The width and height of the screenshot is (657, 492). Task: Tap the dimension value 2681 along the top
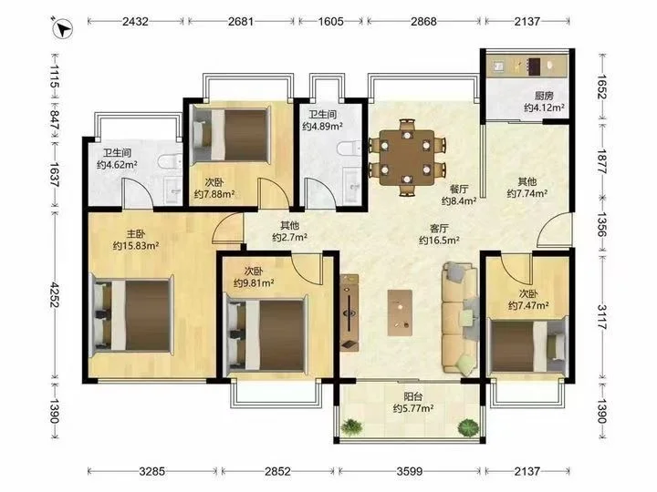click(241, 21)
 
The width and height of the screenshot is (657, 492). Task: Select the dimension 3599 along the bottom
click(410, 472)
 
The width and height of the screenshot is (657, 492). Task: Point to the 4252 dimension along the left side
click(55, 294)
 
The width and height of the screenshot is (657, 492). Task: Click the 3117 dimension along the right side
click(601, 317)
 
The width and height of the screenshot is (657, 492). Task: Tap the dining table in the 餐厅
click(406, 158)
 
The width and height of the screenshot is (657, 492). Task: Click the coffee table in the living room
click(400, 313)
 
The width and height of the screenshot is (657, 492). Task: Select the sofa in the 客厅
click(461, 317)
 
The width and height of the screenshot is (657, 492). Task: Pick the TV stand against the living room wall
click(349, 313)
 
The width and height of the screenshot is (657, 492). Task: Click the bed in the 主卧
click(131, 315)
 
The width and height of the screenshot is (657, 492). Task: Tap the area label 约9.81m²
click(254, 283)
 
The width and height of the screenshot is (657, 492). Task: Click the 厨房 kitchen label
click(544, 96)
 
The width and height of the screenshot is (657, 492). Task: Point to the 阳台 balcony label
click(413, 396)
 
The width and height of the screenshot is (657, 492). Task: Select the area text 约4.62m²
click(117, 164)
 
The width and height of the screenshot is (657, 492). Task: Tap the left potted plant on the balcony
click(351, 426)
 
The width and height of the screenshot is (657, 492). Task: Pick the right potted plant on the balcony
click(468, 426)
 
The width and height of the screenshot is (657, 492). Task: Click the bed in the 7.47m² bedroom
click(528, 344)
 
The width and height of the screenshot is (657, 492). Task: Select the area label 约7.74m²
click(527, 193)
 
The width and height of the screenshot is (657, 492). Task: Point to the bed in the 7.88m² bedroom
click(230, 134)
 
